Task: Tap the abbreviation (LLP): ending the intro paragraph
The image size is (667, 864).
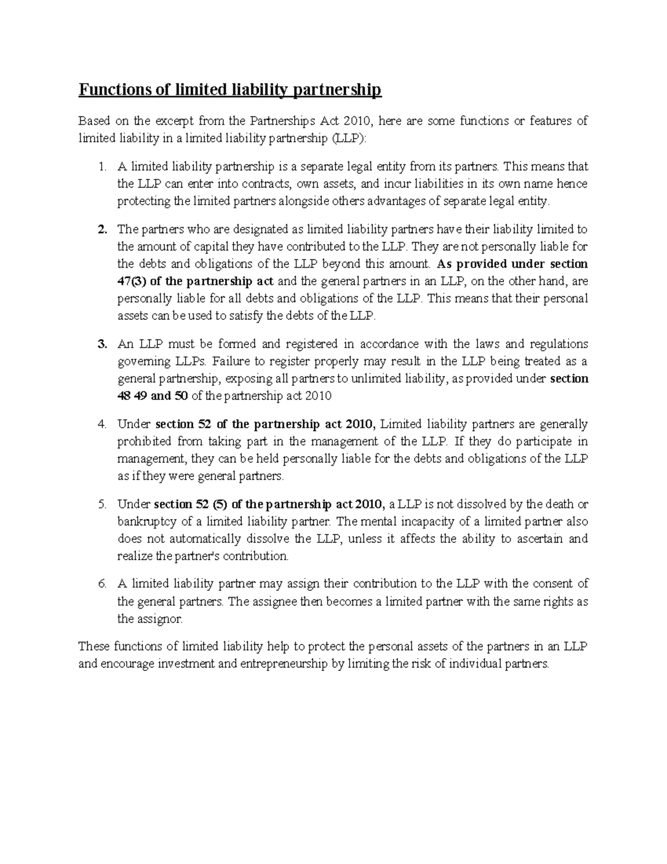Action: point(349,138)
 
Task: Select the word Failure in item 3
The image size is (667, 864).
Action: point(229,361)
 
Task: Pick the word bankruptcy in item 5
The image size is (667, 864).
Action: point(144,522)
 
